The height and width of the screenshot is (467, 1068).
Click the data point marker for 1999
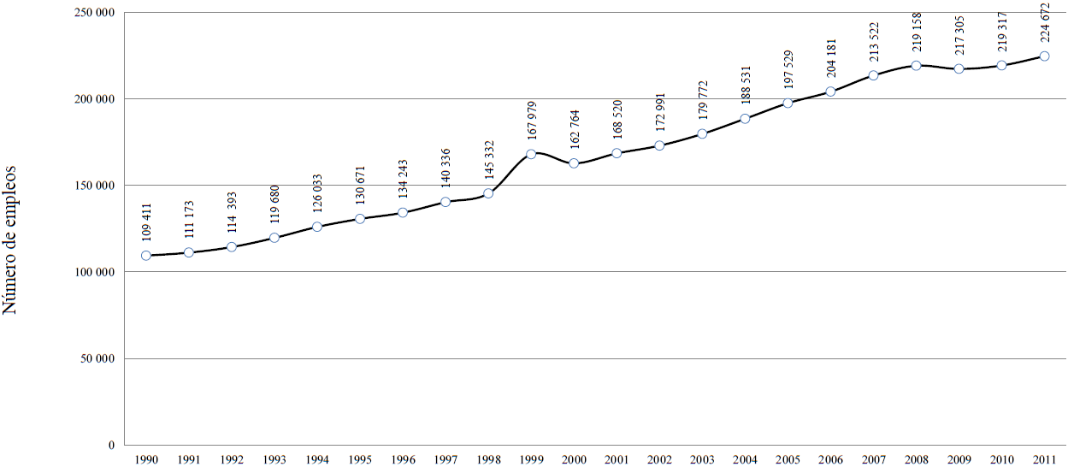531,154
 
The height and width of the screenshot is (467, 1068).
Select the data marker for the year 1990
146,256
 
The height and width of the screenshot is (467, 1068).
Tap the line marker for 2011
1044,56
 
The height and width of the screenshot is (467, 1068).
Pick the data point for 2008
916,66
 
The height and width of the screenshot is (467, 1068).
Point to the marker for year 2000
574,163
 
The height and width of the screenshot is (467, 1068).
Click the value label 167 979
531,121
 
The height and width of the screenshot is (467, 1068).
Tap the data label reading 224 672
1044,24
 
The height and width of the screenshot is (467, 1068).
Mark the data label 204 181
830,57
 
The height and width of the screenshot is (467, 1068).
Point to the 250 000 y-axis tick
97,13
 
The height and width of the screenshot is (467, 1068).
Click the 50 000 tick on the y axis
99,358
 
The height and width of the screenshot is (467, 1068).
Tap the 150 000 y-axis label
97,186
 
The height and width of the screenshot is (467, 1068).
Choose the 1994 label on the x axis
317,459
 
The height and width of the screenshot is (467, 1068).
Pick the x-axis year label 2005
788,459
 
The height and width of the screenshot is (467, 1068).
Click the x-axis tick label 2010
1001,459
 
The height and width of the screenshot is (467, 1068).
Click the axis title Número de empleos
12,240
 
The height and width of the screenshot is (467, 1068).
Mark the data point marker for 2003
702,133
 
